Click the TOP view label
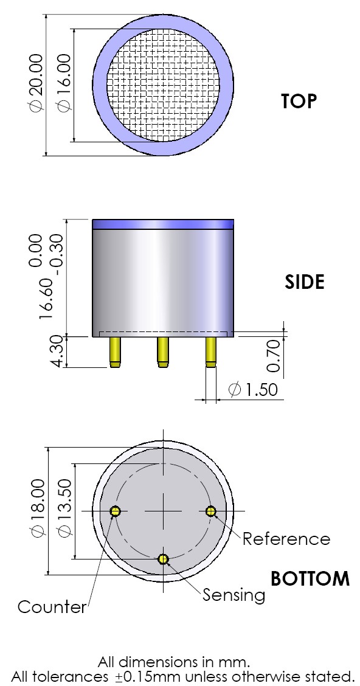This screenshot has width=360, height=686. click(x=299, y=101)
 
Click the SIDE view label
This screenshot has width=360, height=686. click(x=305, y=282)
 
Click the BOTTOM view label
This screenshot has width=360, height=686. click(x=310, y=578)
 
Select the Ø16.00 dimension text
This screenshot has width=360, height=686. click(x=63, y=83)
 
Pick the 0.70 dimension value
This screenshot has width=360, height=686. click(x=274, y=356)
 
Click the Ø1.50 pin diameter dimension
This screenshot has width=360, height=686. click(x=252, y=389)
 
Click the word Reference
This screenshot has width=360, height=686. click(x=286, y=539)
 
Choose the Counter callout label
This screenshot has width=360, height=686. click(x=52, y=606)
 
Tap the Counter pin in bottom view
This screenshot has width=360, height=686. click(x=115, y=511)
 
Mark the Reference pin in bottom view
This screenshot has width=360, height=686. click(x=211, y=511)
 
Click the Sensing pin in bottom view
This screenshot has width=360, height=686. click(x=163, y=558)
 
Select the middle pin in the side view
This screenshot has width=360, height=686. click(x=162, y=352)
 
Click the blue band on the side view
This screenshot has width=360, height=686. click(x=163, y=224)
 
